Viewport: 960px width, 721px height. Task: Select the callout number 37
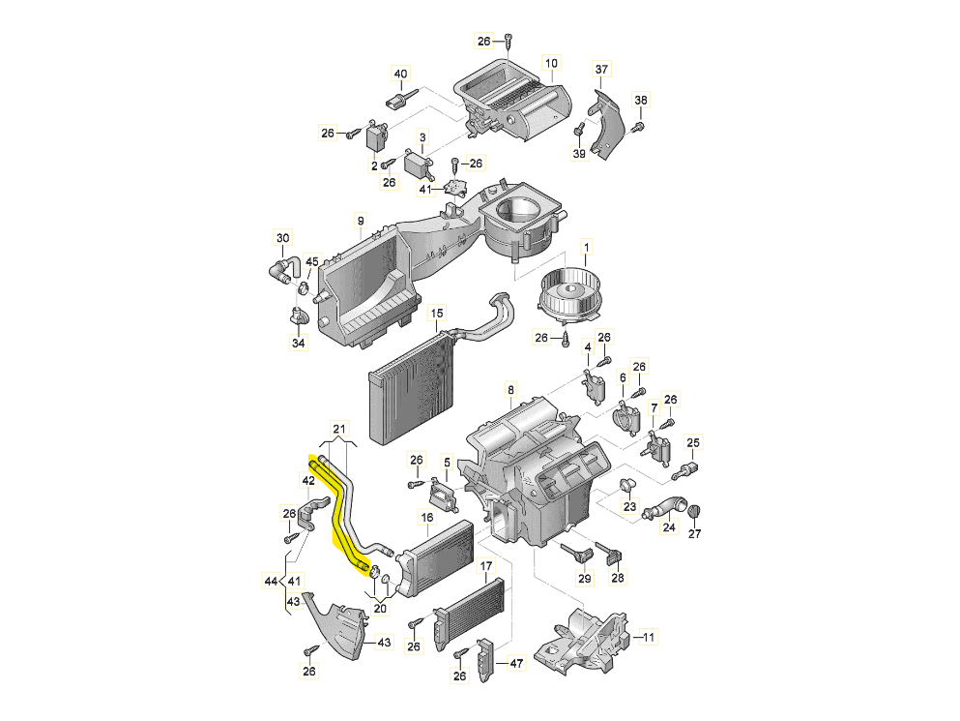point(601,69)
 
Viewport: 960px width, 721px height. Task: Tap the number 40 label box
point(400,74)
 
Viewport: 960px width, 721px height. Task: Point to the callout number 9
point(360,220)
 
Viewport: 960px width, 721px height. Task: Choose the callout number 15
point(437,313)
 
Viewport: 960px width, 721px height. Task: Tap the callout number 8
point(510,390)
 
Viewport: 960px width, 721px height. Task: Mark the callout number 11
point(649,638)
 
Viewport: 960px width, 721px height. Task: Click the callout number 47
point(516,663)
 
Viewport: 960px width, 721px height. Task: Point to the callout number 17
point(486,565)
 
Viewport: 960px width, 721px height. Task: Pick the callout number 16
point(426,519)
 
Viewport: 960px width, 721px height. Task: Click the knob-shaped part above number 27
point(693,511)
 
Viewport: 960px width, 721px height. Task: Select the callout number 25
point(692,443)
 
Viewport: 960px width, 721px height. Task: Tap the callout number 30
point(282,238)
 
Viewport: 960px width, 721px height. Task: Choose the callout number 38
point(640,101)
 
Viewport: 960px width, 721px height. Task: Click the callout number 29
point(584,578)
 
